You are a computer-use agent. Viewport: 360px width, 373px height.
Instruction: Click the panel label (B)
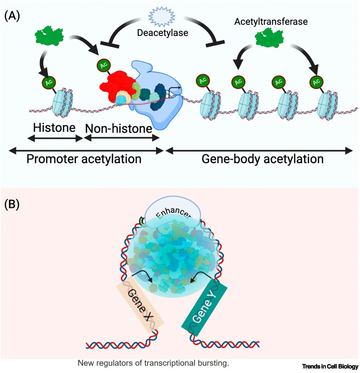(x=12, y=205)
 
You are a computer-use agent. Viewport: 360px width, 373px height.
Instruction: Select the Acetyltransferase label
(x=271, y=22)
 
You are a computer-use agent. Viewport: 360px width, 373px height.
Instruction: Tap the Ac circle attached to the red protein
(x=104, y=65)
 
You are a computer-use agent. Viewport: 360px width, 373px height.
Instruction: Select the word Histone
(x=54, y=128)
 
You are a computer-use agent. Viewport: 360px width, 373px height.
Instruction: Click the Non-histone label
(x=119, y=128)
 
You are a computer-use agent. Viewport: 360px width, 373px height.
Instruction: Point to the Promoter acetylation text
(x=84, y=159)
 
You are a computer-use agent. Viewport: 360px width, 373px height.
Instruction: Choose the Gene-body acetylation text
(x=262, y=159)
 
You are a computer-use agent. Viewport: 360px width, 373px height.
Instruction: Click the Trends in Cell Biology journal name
(x=330, y=366)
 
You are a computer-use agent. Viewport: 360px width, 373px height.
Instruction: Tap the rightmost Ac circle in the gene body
(x=317, y=81)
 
